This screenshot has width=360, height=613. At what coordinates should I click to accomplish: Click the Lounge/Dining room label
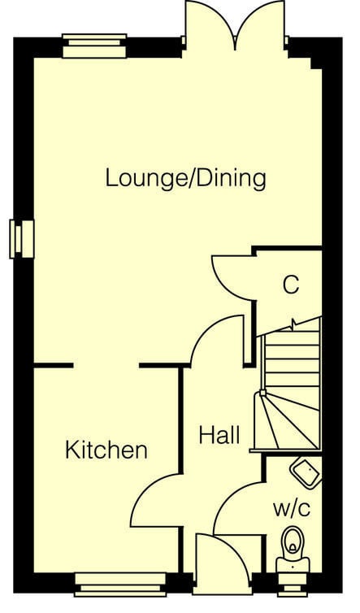click(x=186, y=179)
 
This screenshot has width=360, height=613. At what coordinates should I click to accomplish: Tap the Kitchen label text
click(x=106, y=450)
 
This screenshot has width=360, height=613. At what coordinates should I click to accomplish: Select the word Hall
click(x=219, y=435)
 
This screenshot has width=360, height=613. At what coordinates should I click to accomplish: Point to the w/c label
click(x=292, y=509)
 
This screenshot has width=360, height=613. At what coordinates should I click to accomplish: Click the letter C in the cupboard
click(x=291, y=285)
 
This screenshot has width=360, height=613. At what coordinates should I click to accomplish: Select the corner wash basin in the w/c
click(x=306, y=472)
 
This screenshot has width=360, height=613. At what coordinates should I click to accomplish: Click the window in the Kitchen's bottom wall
click(x=120, y=585)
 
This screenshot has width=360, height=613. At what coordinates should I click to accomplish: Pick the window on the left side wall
click(x=22, y=239)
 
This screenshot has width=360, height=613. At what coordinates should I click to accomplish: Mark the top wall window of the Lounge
click(x=94, y=46)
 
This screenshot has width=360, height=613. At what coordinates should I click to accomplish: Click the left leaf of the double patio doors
click(x=210, y=24)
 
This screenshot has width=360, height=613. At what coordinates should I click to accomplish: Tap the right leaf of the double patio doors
click(x=259, y=24)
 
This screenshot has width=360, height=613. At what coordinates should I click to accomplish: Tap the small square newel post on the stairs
click(x=262, y=393)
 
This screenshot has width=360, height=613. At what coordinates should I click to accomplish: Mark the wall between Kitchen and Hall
click(x=181, y=420)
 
